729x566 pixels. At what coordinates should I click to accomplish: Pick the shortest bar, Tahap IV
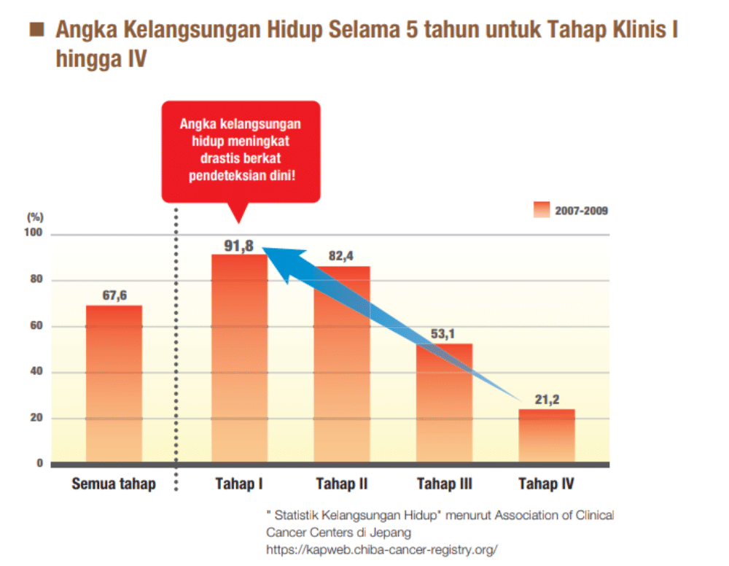click(547, 435)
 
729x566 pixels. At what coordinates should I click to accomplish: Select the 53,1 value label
click(445, 334)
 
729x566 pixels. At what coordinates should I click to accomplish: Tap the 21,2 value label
click(546, 399)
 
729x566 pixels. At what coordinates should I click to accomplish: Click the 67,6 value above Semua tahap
click(114, 295)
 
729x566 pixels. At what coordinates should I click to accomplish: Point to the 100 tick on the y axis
click(34, 234)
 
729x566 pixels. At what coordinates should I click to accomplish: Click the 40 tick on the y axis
click(36, 372)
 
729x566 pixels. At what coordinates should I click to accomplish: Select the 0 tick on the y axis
click(39, 464)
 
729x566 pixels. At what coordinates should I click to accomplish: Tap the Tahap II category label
click(341, 484)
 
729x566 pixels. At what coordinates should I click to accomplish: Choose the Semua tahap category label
click(114, 484)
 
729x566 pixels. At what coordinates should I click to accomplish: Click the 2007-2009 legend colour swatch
click(542, 210)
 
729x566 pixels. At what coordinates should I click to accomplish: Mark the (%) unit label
click(35, 217)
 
